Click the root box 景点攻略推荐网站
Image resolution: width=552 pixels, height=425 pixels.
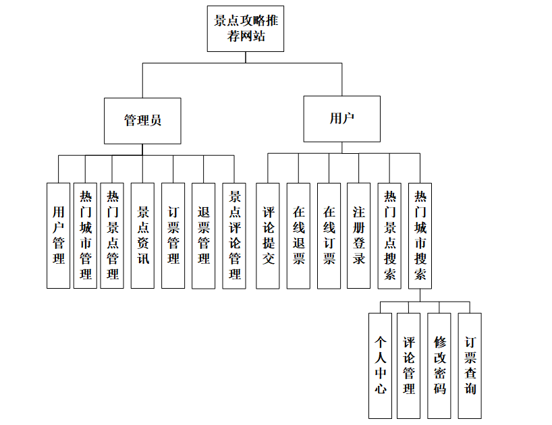(245, 28)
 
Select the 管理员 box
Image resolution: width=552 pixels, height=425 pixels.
(142, 121)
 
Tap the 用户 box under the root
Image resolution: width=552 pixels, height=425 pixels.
(341, 119)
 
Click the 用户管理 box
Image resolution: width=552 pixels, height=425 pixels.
(58, 235)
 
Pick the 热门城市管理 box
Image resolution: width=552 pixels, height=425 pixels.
(86, 235)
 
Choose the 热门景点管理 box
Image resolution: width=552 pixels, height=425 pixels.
(112, 235)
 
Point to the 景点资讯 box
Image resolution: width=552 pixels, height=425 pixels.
(142, 235)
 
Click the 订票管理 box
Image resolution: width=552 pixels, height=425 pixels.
(173, 235)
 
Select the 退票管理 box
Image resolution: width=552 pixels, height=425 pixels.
(203, 235)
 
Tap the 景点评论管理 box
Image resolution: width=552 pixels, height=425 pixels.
(234, 235)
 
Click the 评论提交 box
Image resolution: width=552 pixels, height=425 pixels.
(268, 235)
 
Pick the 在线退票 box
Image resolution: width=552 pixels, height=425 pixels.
(298, 235)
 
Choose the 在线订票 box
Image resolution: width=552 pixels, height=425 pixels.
(329, 235)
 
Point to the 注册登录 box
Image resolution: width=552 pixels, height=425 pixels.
(358, 235)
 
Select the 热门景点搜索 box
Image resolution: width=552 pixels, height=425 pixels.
(389, 235)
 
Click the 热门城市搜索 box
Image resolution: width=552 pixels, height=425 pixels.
(420, 235)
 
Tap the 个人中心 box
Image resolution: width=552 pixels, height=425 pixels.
(381, 365)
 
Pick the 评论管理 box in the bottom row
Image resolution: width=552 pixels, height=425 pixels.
(409, 365)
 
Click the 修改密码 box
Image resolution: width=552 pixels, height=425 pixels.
(439, 365)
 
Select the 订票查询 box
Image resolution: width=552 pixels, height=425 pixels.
(470, 365)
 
